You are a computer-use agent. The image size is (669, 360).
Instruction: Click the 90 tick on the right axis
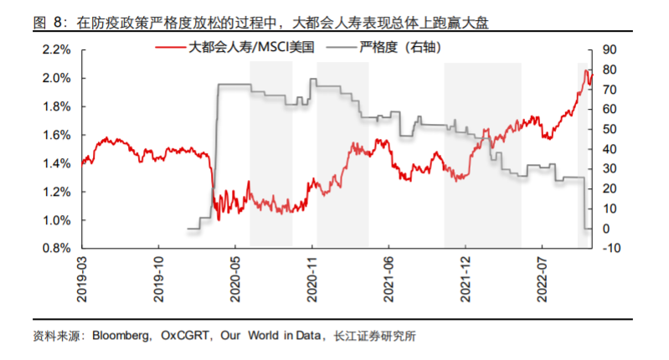click(609, 50)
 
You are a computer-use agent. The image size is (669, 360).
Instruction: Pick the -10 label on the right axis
click(610, 249)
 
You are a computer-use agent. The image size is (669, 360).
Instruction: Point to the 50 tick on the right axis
click(609, 130)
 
